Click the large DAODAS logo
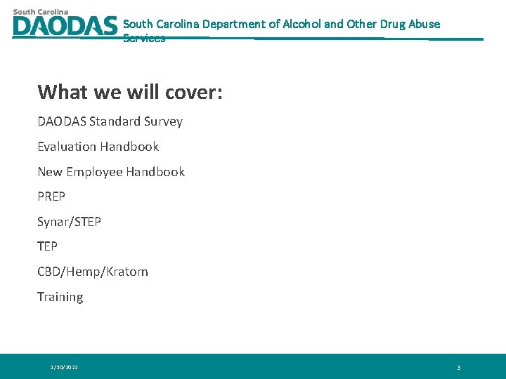pyautogui.click(x=65, y=26)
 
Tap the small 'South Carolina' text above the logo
pyautogui.click(x=41, y=11)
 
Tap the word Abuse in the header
pyautogui.click(x=425, y=24)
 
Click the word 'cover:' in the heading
pyautogui.click(x=194, y=92)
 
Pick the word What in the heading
pyautogui.click(x=63, y=92)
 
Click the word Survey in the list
pyautogui.click(x=163, y=121)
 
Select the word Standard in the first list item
pyautogui.click(x=115, y=121)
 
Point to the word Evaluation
pyautogui.click(x=67, y=147)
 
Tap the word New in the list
pyautogui.click(x=50, y=172)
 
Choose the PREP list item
pyautogui.click(x=51, y=197)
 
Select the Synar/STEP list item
pyautogui.click(x=69, y=222)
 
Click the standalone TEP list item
pyautogui.click(x=47, y=246)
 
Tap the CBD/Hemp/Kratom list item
pyautogui.click(x=93, y=272)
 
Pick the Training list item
pyautogui.click(x=60, y=297)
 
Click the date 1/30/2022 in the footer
pyautogui.click(x=64, y=367)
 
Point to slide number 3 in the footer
pyautogui.click(x=458, y=367)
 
